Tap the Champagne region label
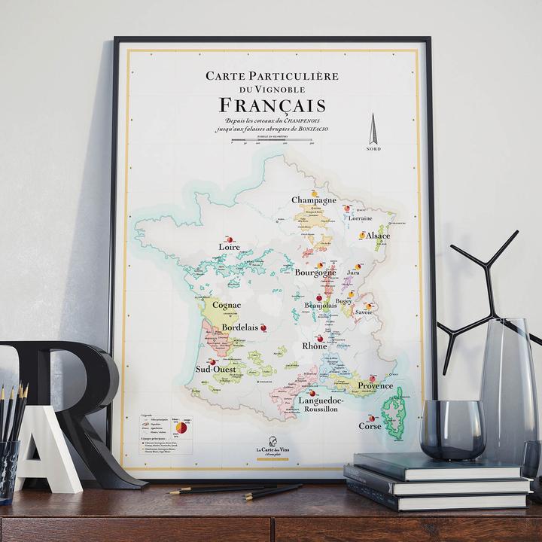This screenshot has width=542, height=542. point(315,201)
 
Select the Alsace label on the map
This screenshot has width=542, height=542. point(378,236)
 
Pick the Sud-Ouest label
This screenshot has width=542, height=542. point(216,370)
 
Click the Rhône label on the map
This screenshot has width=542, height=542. point(314,346)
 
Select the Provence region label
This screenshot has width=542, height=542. point(374,386)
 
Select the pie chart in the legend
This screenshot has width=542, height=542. point(181,428)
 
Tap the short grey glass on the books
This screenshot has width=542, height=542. point(452,429)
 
